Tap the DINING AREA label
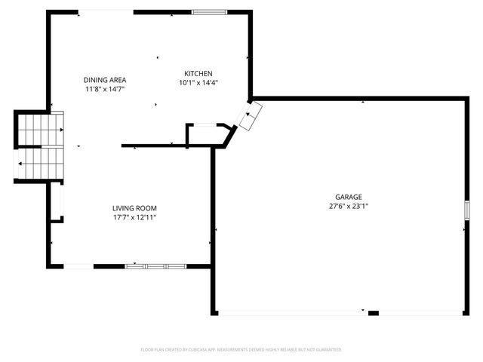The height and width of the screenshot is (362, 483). pos(104,80)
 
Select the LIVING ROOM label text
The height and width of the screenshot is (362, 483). pos(134,208)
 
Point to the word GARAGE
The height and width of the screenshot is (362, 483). pos(349,197)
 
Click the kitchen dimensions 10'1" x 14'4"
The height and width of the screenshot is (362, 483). pos(198,83)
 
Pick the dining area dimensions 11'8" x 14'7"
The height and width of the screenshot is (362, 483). pos(104,89)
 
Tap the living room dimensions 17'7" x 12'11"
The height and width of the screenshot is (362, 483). pos(134,217)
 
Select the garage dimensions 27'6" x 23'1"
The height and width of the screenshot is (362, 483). pos(349,206)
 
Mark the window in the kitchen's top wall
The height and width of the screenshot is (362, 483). pos(205,12)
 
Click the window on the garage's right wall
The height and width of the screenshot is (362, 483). pos(464,210)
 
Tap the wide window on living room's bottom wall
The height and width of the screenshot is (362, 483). pos(155,265)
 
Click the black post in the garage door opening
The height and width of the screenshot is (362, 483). pos(363,311)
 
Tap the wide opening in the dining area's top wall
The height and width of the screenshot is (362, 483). pos(106,11)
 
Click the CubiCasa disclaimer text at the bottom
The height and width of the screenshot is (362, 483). pos(241,350)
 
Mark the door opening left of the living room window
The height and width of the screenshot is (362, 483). pos(78,265)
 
